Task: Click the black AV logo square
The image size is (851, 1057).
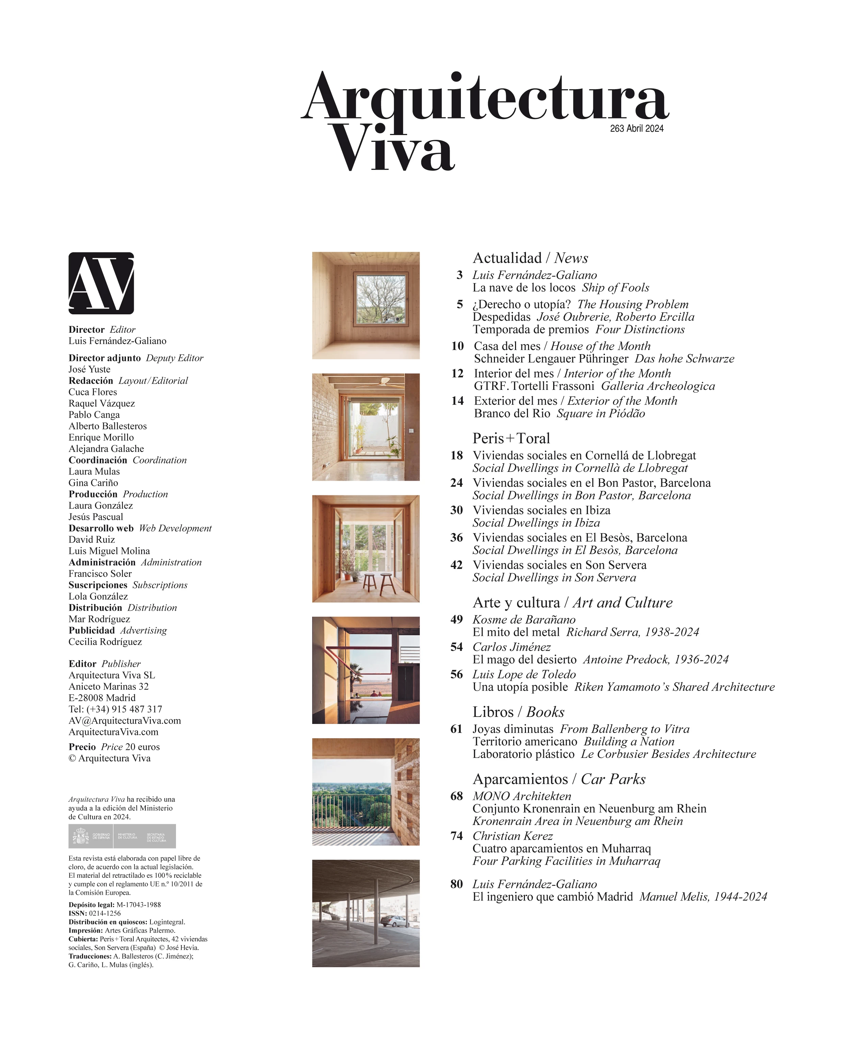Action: coord(101,283)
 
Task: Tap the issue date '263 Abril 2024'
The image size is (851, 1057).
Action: coord(636,129)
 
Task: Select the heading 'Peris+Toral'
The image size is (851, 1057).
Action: coord(511,438)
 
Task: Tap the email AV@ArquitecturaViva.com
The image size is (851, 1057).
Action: coord(125,721)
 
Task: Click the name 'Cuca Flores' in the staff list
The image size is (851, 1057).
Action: coord(93,392)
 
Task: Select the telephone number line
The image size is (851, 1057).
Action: coord(115,709)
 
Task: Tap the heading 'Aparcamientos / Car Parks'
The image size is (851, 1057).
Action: coord(559,779)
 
